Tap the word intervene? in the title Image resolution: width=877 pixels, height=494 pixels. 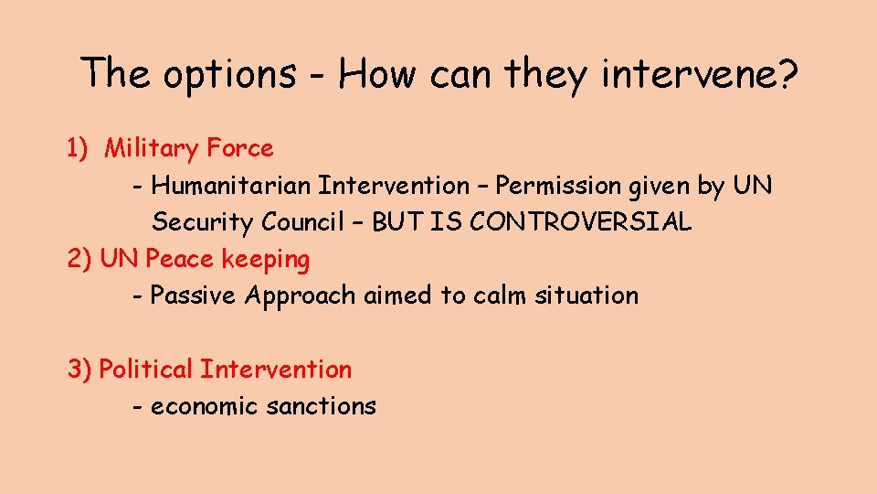[698, 72]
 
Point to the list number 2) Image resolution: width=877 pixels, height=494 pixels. [80, 259]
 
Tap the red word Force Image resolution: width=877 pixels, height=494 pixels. [239, 148]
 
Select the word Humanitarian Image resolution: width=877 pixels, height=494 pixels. [231, 186]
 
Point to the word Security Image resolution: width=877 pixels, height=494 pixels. [203, 222]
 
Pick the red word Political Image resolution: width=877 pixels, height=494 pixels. [145, 370]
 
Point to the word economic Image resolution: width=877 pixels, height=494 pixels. [205, 406]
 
